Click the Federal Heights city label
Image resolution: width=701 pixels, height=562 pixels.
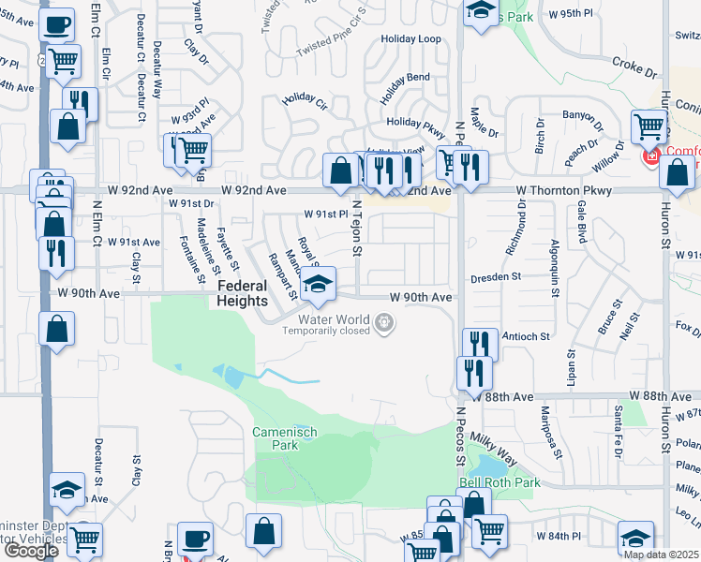coord(243,292)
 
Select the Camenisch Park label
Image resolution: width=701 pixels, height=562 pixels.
coord(285,438)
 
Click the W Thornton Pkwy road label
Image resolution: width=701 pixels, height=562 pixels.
coord(563,190)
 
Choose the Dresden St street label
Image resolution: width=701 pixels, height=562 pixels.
coord(497,277)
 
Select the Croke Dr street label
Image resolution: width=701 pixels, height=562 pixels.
coord(634,67)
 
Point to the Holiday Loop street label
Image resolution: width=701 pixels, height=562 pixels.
coord(410,39)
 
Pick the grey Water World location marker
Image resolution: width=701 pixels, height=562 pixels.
coord(383,324)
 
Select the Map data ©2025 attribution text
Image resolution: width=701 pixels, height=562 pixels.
coord(661,555)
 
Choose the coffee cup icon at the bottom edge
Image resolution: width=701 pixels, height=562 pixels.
coord(195,539)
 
